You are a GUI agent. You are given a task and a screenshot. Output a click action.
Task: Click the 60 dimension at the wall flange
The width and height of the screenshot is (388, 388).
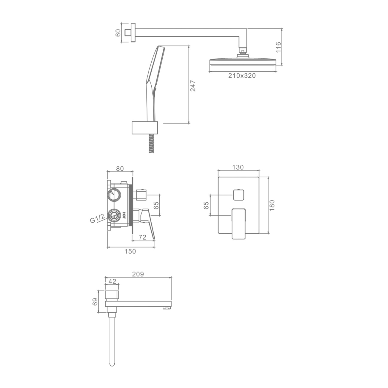pos(118,33)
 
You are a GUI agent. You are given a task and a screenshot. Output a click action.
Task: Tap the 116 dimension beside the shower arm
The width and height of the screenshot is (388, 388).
pos(278,47)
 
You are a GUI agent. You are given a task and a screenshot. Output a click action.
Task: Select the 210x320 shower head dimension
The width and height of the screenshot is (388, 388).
pos(242,76)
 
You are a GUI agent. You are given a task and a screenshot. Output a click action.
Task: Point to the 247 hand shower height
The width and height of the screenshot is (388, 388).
pos(193,86)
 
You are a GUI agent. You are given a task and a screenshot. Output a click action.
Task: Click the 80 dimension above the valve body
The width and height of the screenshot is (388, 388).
pos(120,169)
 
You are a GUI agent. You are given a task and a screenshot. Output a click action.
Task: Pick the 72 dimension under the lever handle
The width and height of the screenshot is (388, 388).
pos(142,237)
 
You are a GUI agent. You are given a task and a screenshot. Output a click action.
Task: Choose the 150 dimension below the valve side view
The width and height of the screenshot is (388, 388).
pos(130,251)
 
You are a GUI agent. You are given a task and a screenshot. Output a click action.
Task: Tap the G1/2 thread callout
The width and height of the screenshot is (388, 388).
pos(97,219)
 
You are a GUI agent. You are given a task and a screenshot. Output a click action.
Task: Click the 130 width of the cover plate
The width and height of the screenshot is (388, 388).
pos(238,167)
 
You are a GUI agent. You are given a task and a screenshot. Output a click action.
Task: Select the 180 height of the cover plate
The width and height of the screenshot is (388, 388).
pos(272,205)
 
